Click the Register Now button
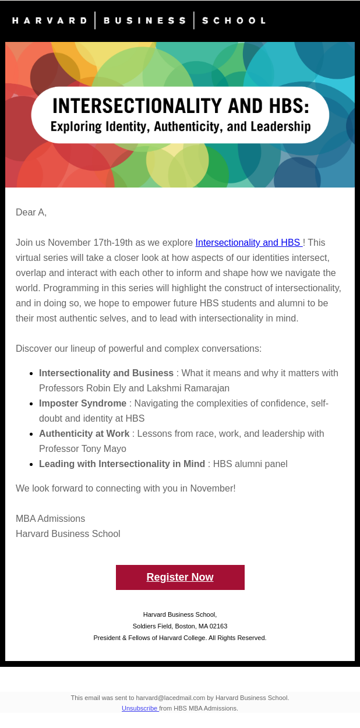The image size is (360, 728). click(x=180, y=577)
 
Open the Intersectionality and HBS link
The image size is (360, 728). click(x=248, y=243)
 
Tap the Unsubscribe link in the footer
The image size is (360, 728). click(x=140, y=708)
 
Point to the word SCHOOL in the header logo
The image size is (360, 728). click(x=234, y=20)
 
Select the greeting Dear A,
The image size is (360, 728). click(x=31, y=213)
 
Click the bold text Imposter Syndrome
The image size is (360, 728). click(x=83, y=404)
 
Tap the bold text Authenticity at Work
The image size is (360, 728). click(x=84, y=434)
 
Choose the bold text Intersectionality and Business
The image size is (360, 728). click(x=106, y=373)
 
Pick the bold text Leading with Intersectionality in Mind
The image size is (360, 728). click(x=122, y=464)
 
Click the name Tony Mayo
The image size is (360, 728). click(x=103, y=449)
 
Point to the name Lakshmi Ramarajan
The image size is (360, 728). click(x=188, y=388)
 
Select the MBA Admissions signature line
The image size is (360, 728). click(x=51, y=519)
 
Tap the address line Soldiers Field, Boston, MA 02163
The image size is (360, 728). click(x=180, y=626)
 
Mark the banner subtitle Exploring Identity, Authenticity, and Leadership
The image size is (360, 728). click(x=181, y=126)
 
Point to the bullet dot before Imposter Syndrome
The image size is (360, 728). click(x=30, y=404)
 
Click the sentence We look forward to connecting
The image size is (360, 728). click(x=126, y=489)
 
